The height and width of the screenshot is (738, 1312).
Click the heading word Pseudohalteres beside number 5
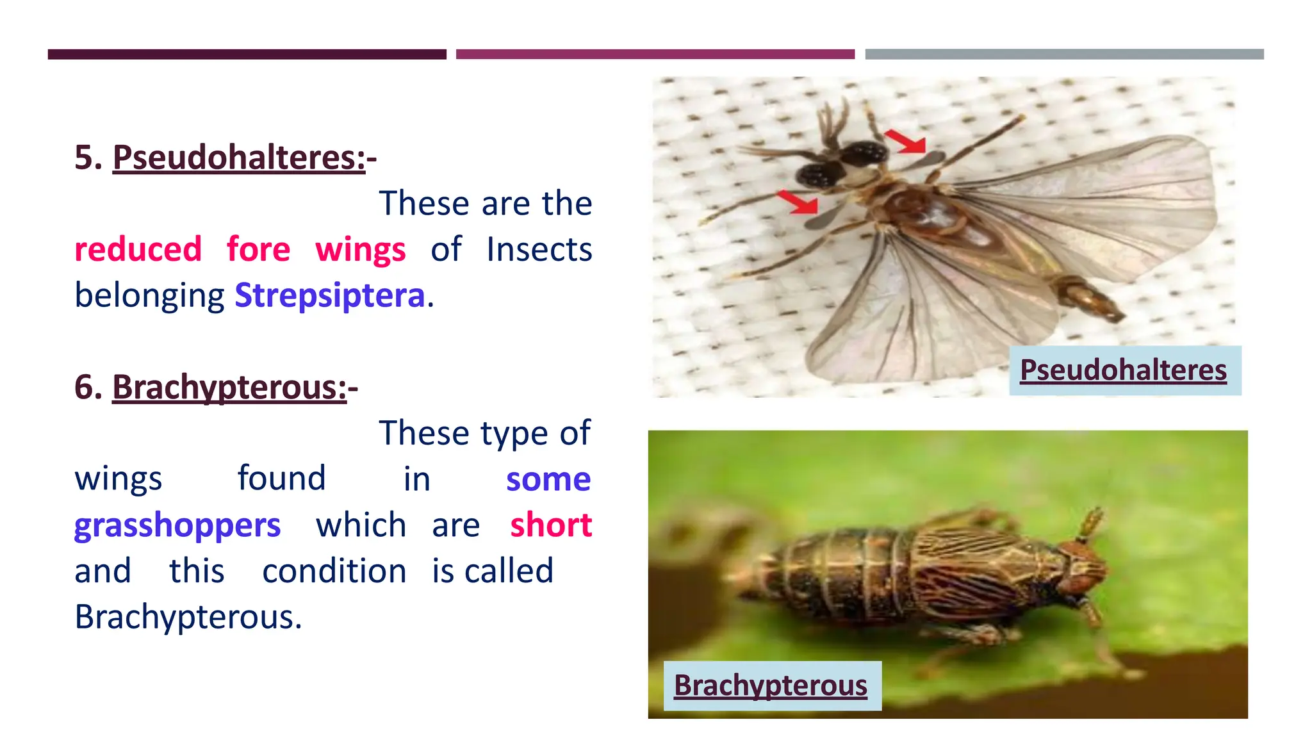click(x=238, y=158)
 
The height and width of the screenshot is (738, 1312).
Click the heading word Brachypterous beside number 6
click(x=229, y=388)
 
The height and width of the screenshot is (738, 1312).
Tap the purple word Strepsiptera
click(x=329, y=295)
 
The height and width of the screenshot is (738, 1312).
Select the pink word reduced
click(x=138, y=249)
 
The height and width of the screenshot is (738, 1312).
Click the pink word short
click(x=550, y=525)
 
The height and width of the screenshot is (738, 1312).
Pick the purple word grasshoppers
click(x=177, y=525)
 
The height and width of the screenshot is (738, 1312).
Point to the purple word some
click(x=548, y=479)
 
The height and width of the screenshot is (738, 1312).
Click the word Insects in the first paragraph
click(x=539, y=249)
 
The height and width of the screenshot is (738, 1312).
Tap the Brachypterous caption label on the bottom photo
click(x=771, y=685)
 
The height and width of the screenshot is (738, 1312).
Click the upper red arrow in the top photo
click(x=905, y=141)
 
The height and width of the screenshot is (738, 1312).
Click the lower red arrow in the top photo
click(x=798, y=202)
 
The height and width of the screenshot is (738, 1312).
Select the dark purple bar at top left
click(x=247, y=54)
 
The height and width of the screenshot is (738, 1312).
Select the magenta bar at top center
click(x=655, y=54)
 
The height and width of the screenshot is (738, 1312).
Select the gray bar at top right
click(x=1064, y=54)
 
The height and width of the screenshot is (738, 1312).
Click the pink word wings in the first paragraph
click(x=360, y=249)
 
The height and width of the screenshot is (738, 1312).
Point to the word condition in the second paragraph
click(x=334, y=571)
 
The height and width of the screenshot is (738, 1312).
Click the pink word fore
click(x=258, y=249)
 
